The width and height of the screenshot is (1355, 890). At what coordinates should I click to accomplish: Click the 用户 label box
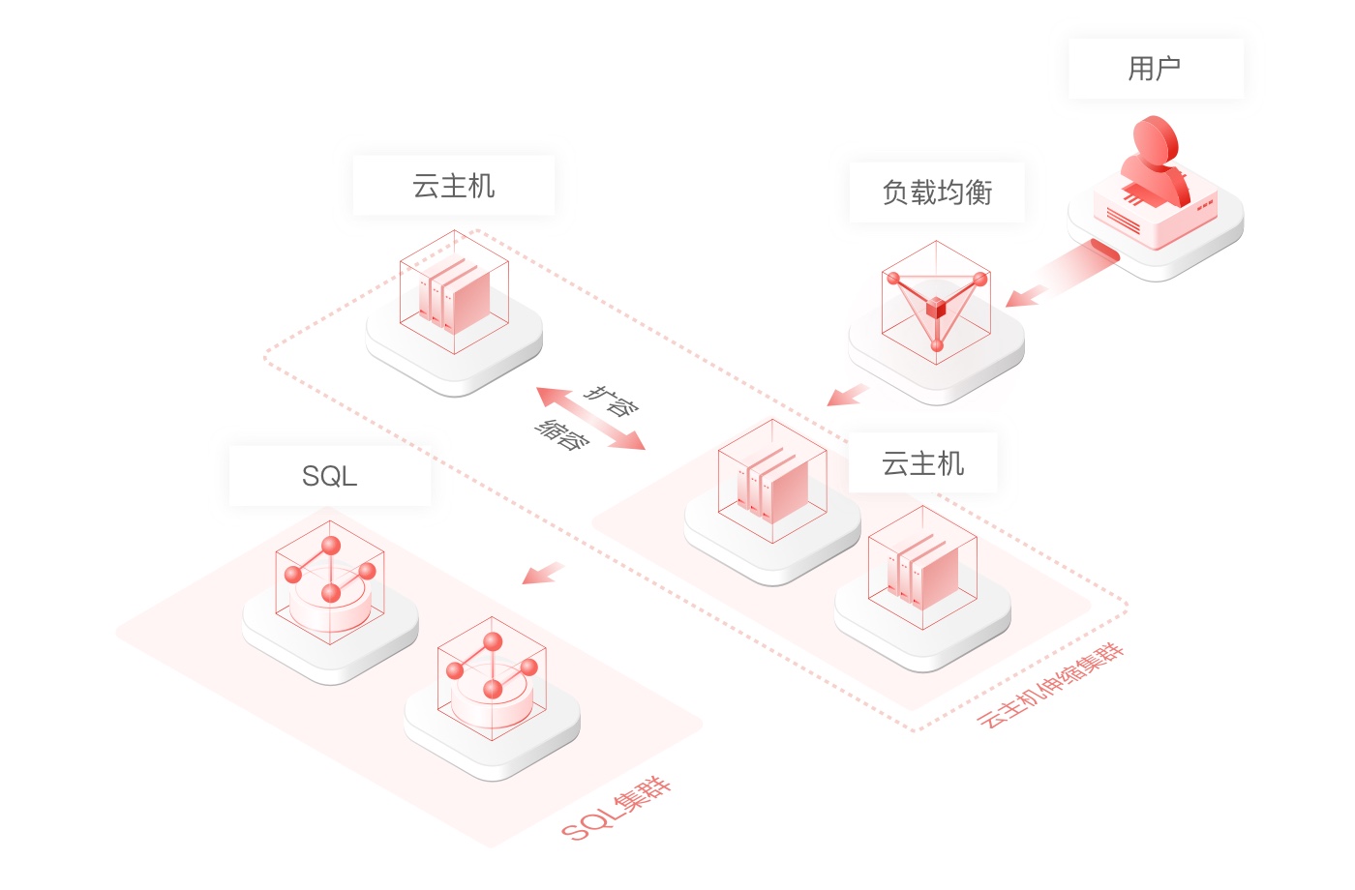coord(1156,69)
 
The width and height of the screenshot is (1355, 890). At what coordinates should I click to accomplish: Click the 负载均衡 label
coord(937,193)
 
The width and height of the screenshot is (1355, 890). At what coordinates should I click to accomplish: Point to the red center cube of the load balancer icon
coord(936,308)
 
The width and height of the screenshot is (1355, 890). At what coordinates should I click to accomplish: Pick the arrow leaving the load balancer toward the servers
coord(848,395)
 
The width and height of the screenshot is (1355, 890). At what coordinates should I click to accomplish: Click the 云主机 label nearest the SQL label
coord(454,185)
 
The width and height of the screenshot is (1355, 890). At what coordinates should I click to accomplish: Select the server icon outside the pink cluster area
coord(454,292)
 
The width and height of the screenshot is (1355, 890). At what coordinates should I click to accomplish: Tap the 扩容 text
coord(612,400)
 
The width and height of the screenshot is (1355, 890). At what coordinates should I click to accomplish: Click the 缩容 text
coord(562,434)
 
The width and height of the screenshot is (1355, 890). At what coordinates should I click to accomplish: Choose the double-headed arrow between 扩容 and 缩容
coord(591,418)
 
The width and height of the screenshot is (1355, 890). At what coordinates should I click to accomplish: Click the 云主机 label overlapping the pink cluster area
coord(922,463)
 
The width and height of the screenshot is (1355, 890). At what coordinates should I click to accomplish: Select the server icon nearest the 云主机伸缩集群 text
coord(922,569)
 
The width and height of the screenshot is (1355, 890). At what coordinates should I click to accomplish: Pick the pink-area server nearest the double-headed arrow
coord(772,482)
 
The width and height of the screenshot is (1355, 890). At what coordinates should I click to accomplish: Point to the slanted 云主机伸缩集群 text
coord(1051,686)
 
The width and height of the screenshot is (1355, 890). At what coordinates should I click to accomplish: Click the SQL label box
coord(330,476)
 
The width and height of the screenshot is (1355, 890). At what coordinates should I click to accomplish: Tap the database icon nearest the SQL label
coord(330,582)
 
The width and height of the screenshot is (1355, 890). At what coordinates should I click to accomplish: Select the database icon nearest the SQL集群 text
coord(492,678)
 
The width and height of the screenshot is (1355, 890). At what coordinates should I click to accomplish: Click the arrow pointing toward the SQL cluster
coord(543,573)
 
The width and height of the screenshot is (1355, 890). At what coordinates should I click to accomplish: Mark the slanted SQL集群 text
coord(617,809)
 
